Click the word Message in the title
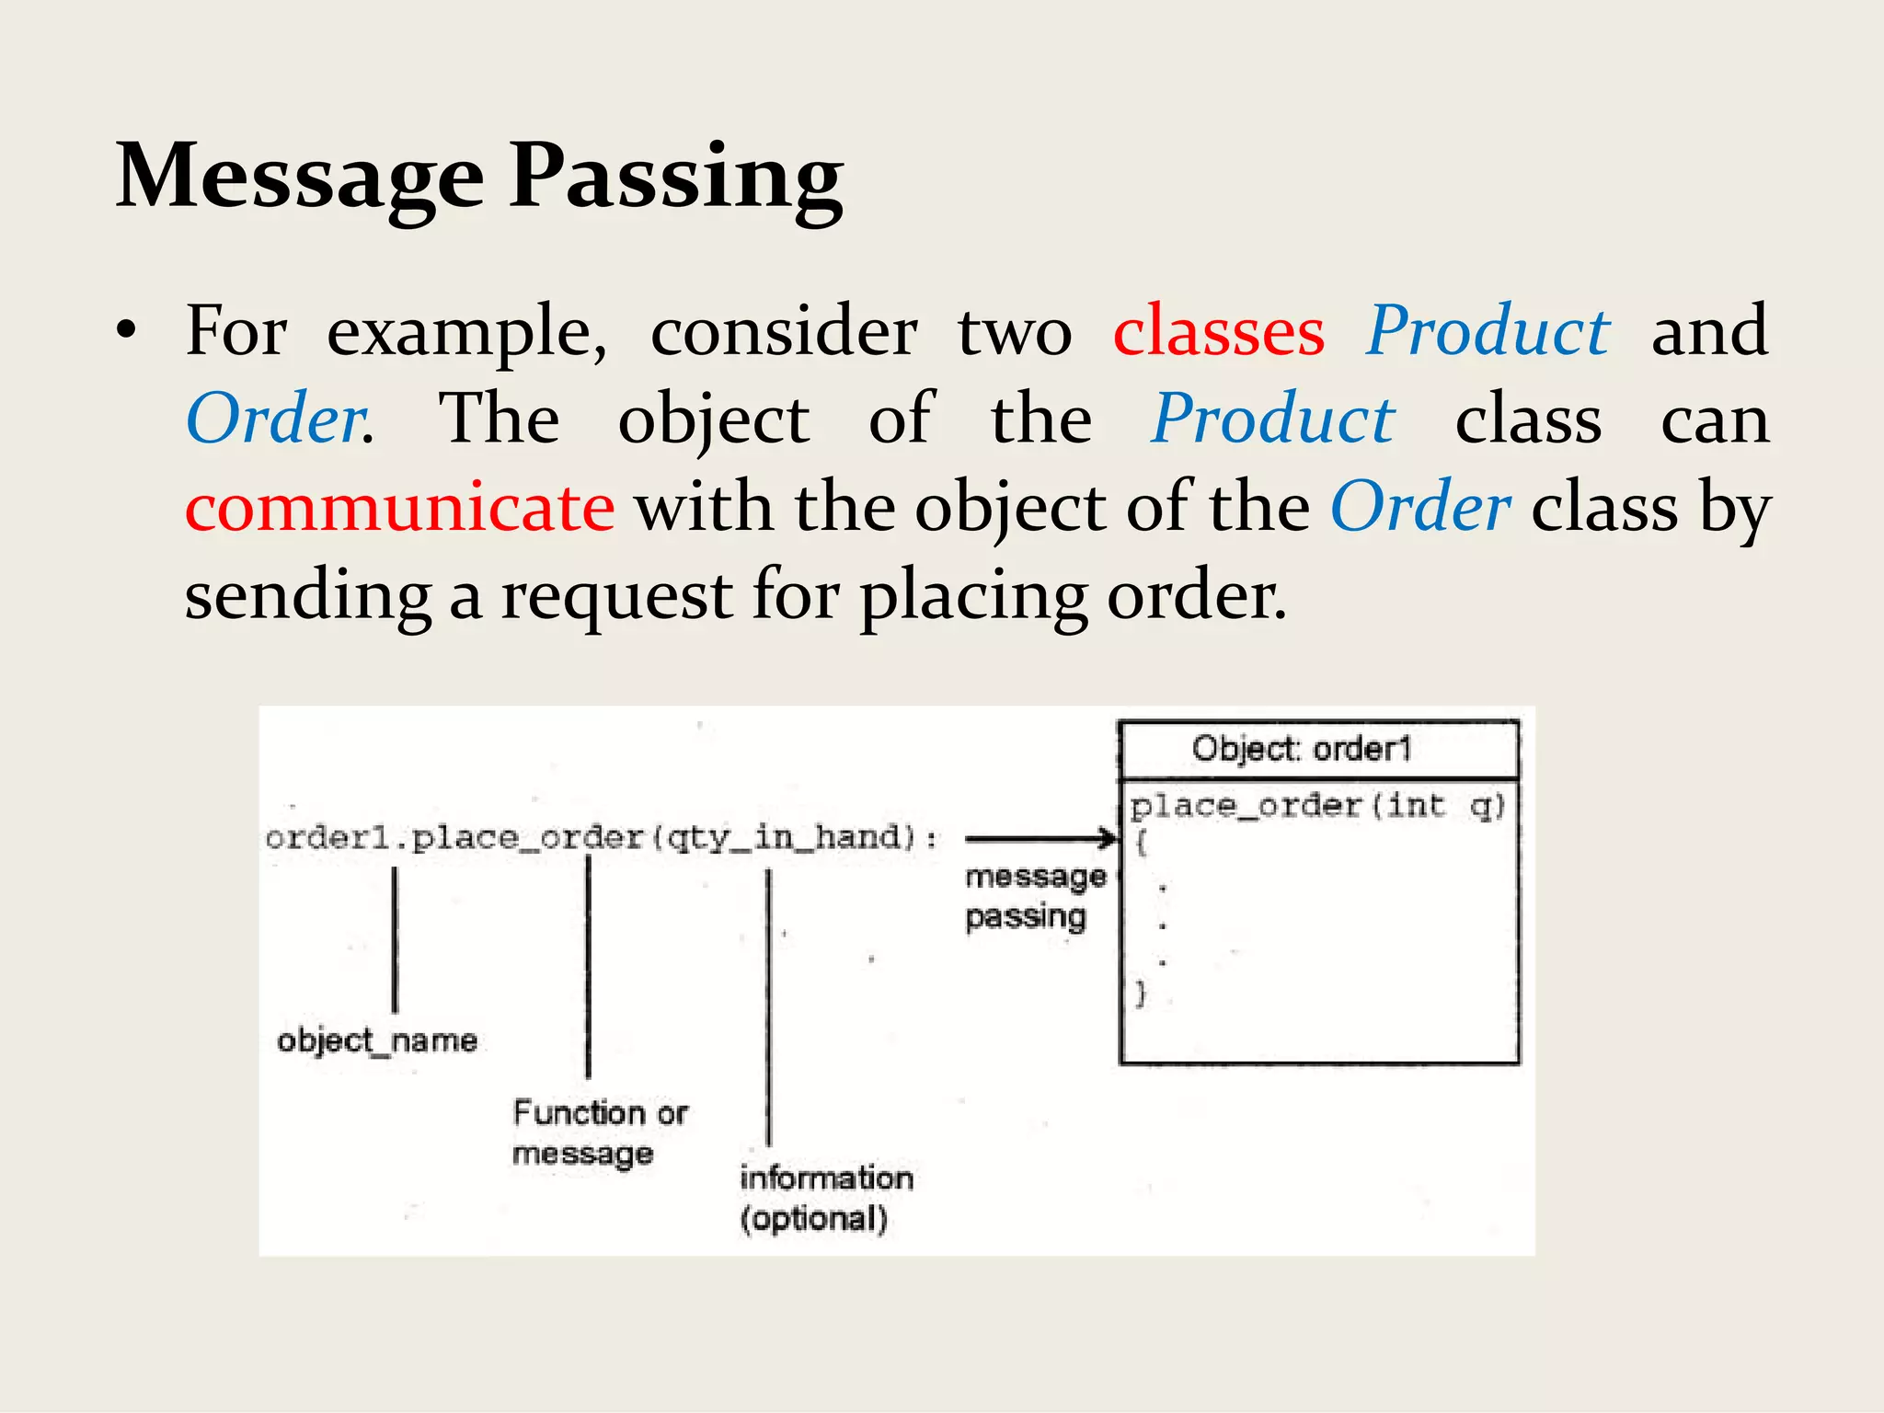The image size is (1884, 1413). tap(299, 177)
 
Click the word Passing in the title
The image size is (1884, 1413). tap(676, 177)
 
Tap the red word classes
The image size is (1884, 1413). tap(1219, 331)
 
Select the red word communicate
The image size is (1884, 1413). tap(399, 508)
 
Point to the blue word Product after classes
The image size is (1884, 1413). tap(1488, 331)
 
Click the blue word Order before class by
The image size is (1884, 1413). tap(1419, 508)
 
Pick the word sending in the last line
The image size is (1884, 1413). tap(307, 596)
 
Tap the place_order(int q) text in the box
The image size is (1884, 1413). tap(1315, 806)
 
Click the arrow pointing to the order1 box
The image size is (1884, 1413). tap(1040, 838)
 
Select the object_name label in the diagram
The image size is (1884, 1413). tap(377, 1040)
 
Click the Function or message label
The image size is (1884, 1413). tap(599, 1132)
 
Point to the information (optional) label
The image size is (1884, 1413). tap(825, 1198)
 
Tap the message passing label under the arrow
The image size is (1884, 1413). tap(1034, 896)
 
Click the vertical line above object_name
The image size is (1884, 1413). tap(395, 938)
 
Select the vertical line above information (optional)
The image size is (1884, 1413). tap(769, 1007)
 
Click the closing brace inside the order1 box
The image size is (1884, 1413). tap(1141, 994)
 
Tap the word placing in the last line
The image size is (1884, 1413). tap(973, 596)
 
